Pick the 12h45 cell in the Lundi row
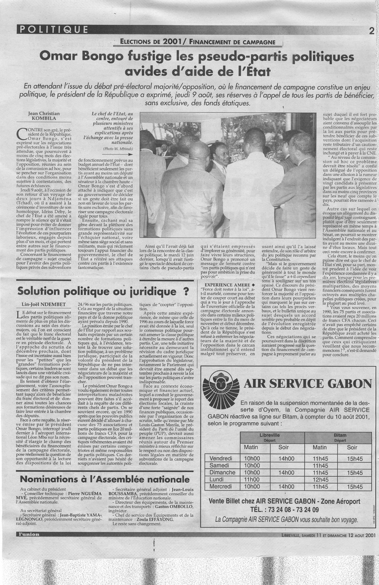pyautogui.click(x=320, y=479)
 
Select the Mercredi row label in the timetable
pyautogui.click(x=220, y=486)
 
